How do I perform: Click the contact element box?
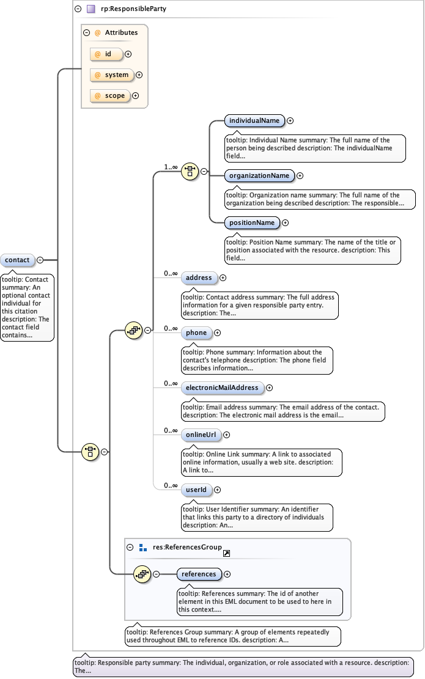18,260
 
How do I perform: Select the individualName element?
254,121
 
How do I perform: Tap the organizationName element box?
259,176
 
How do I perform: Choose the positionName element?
252,223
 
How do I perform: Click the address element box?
199,278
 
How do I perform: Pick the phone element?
196,333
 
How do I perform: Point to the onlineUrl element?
201,435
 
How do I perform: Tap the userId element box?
196,490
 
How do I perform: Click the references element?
199,574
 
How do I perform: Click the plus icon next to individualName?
290,121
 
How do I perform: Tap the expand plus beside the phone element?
218,333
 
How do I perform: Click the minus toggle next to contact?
40,260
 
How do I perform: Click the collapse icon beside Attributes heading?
87,33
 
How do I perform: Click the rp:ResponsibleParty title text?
133,9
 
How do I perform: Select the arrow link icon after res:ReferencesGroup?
226,553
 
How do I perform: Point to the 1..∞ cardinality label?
170,167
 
